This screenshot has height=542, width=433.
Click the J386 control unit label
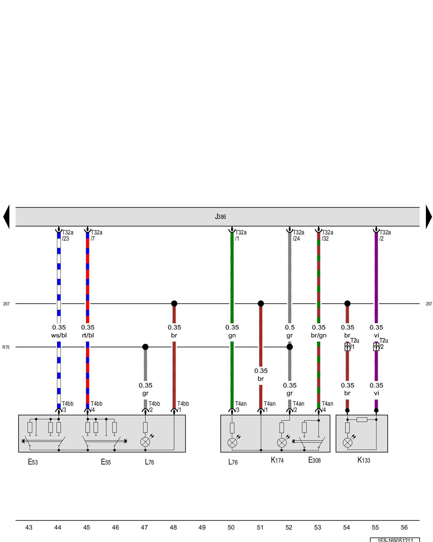pyautogui.click(x=220, y=217)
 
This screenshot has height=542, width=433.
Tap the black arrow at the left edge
pyautogui.click(x=6, y=217)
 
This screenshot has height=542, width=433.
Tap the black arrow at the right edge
pyautogui.click(x=429, y=217)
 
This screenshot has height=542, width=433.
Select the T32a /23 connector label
pyautogui.click(x=67, y=235)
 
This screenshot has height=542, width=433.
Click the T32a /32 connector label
pyautogui.click(x=327, y=235)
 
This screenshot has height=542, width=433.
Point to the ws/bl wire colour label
pyautogui.click(x=59, y=335)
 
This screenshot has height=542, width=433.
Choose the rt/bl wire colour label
pyautogui.click(x=88, y=335)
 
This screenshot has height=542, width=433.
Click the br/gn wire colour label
pyautogui.click(x=319, y=335)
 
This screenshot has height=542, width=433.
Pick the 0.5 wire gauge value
pyautogui.click(x=290, y=327)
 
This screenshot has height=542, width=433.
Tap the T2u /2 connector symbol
pyautogui.click(x=376, y=347)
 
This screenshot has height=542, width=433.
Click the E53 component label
pyautogui.click(x=33, y=462)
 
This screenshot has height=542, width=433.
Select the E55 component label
pyautogui.click(x=106, y=462)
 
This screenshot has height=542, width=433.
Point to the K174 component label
pyautogui.click(x=277, y=460)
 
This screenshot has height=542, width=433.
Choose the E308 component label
pyautogui.click(x=314, y=460)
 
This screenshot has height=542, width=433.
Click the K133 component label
pyautogui.click(x=364, y=460)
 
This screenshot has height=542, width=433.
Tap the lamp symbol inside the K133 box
pyautogui.click(x=347, y=443)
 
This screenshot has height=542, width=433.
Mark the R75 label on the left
pyautogui.click(x=6, y=347)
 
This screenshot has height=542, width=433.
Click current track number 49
pyautogui.click(x=202, y=527)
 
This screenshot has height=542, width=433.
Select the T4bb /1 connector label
pyautogui.click(x=183, y=406)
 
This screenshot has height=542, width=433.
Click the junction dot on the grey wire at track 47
pyautogui.click(x=145, y=347)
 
